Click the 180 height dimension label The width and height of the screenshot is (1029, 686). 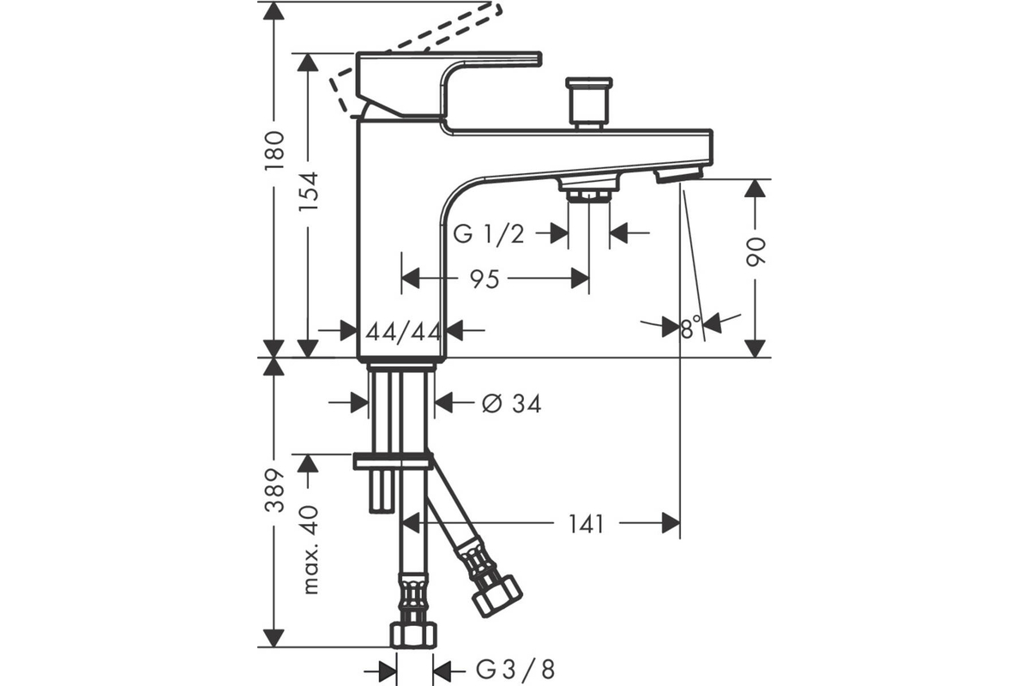(x=274, y=152)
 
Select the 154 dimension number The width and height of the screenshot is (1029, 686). (x=308, y=191)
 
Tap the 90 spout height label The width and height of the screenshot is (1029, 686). (x=755, y=252)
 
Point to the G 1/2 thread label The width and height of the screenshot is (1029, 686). (x=489, y=234)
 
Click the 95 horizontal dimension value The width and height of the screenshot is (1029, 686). (x=484, y=280)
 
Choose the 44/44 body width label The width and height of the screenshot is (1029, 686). (x=403, y=331)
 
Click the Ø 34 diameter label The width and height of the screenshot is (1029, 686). (x=512, y=404)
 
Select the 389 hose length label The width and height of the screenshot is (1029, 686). (x=274, y=490)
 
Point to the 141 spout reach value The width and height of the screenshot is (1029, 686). (x=587, y=524)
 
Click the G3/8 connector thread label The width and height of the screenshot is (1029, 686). (x=515, y=671)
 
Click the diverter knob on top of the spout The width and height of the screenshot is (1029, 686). (x=589, y=104)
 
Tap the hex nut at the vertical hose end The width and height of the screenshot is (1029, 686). (x=413, y=635)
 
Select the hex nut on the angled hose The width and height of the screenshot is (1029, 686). (x=497, y=596)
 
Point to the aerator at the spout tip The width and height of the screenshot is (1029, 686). (x=679, y=175)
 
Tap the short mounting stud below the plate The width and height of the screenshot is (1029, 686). (x=382, y=491)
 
